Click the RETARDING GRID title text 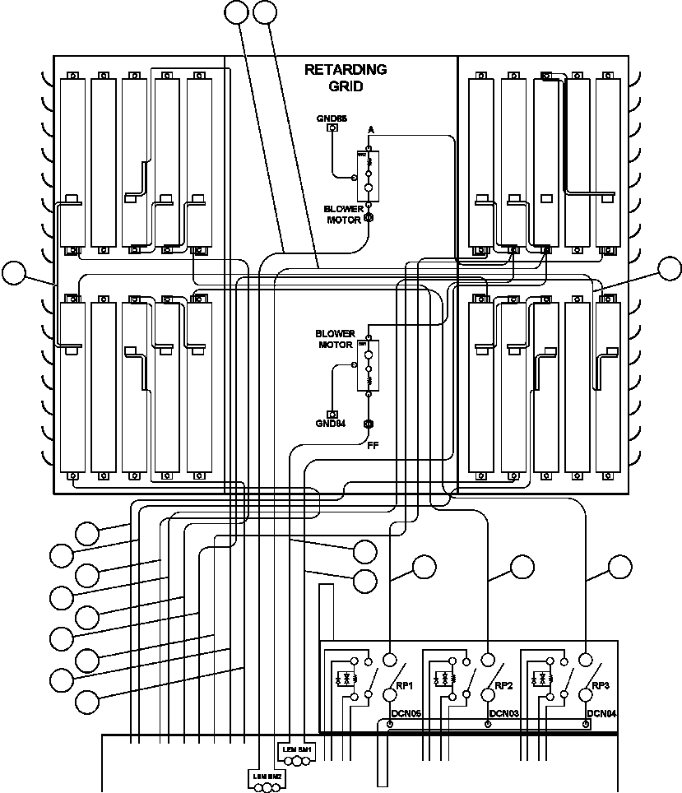[346, 77]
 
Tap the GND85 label [332, 118]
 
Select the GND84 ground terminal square [332, 414]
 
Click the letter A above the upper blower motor [371, 130]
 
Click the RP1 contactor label [405, 685]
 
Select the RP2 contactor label [503, 685]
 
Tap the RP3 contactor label [601, 685]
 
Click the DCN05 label [406, 714]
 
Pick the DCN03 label [503, 714]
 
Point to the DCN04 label [601, 714]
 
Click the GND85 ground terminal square [332, 128]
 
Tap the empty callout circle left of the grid [14, 272]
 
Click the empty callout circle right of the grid [670, 268]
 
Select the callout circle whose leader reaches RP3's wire [619, 566]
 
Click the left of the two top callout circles [236, 12]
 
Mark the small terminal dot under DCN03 [488, 725]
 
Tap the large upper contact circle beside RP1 [389, 659]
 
